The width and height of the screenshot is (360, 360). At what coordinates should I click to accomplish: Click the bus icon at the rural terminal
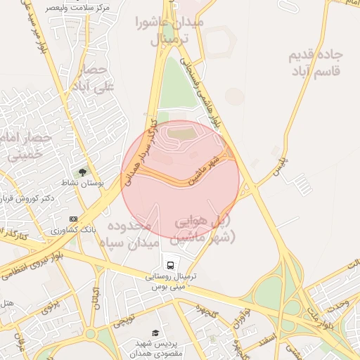[x=170, y=264]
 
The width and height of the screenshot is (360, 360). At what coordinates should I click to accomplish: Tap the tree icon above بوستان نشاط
[x=82, y=172]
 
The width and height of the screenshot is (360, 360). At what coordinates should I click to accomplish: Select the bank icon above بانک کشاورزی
[x=74, y=219]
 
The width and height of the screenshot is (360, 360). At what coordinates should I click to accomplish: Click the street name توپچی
[x=122, y=320]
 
